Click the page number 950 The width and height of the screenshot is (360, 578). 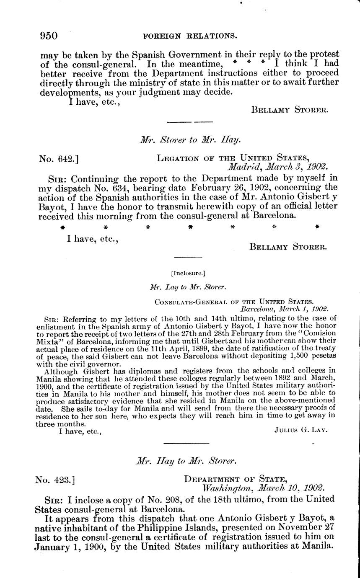coord(49,36)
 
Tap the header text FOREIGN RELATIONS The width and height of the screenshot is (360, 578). coord(189,36)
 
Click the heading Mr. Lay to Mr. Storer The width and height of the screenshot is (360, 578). coord(188,287)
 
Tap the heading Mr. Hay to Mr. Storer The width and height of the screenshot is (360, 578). coord(187,461)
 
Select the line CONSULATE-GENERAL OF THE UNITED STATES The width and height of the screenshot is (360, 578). coord(234,301)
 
